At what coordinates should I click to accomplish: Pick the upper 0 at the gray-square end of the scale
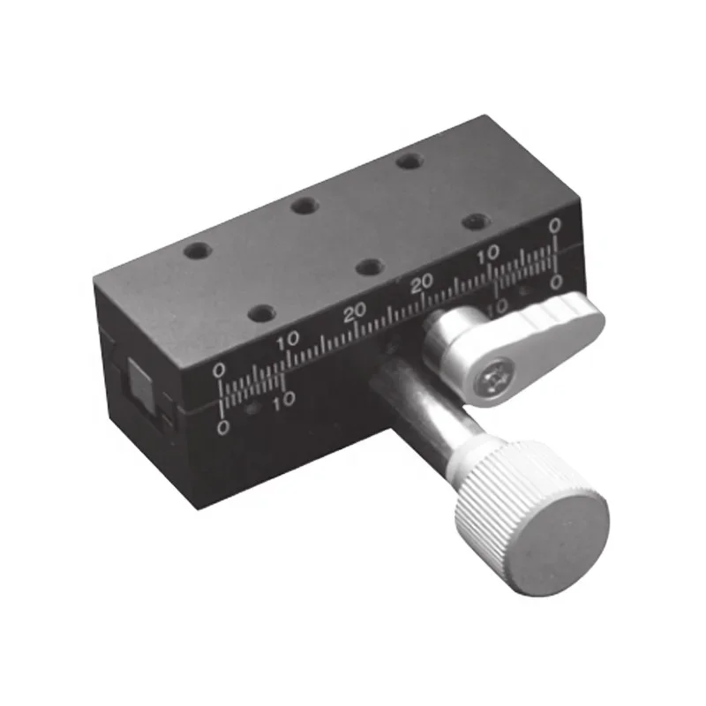click(220, 370)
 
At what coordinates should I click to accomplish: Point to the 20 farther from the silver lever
click(355, 312)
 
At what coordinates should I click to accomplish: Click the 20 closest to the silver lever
click(422, 282)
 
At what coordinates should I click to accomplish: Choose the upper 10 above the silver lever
click(487, 256)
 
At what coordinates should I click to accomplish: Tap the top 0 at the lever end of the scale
click(553, 227)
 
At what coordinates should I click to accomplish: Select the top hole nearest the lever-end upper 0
click(475, 221)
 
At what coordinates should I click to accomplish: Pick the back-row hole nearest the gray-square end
click(195, 252)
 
